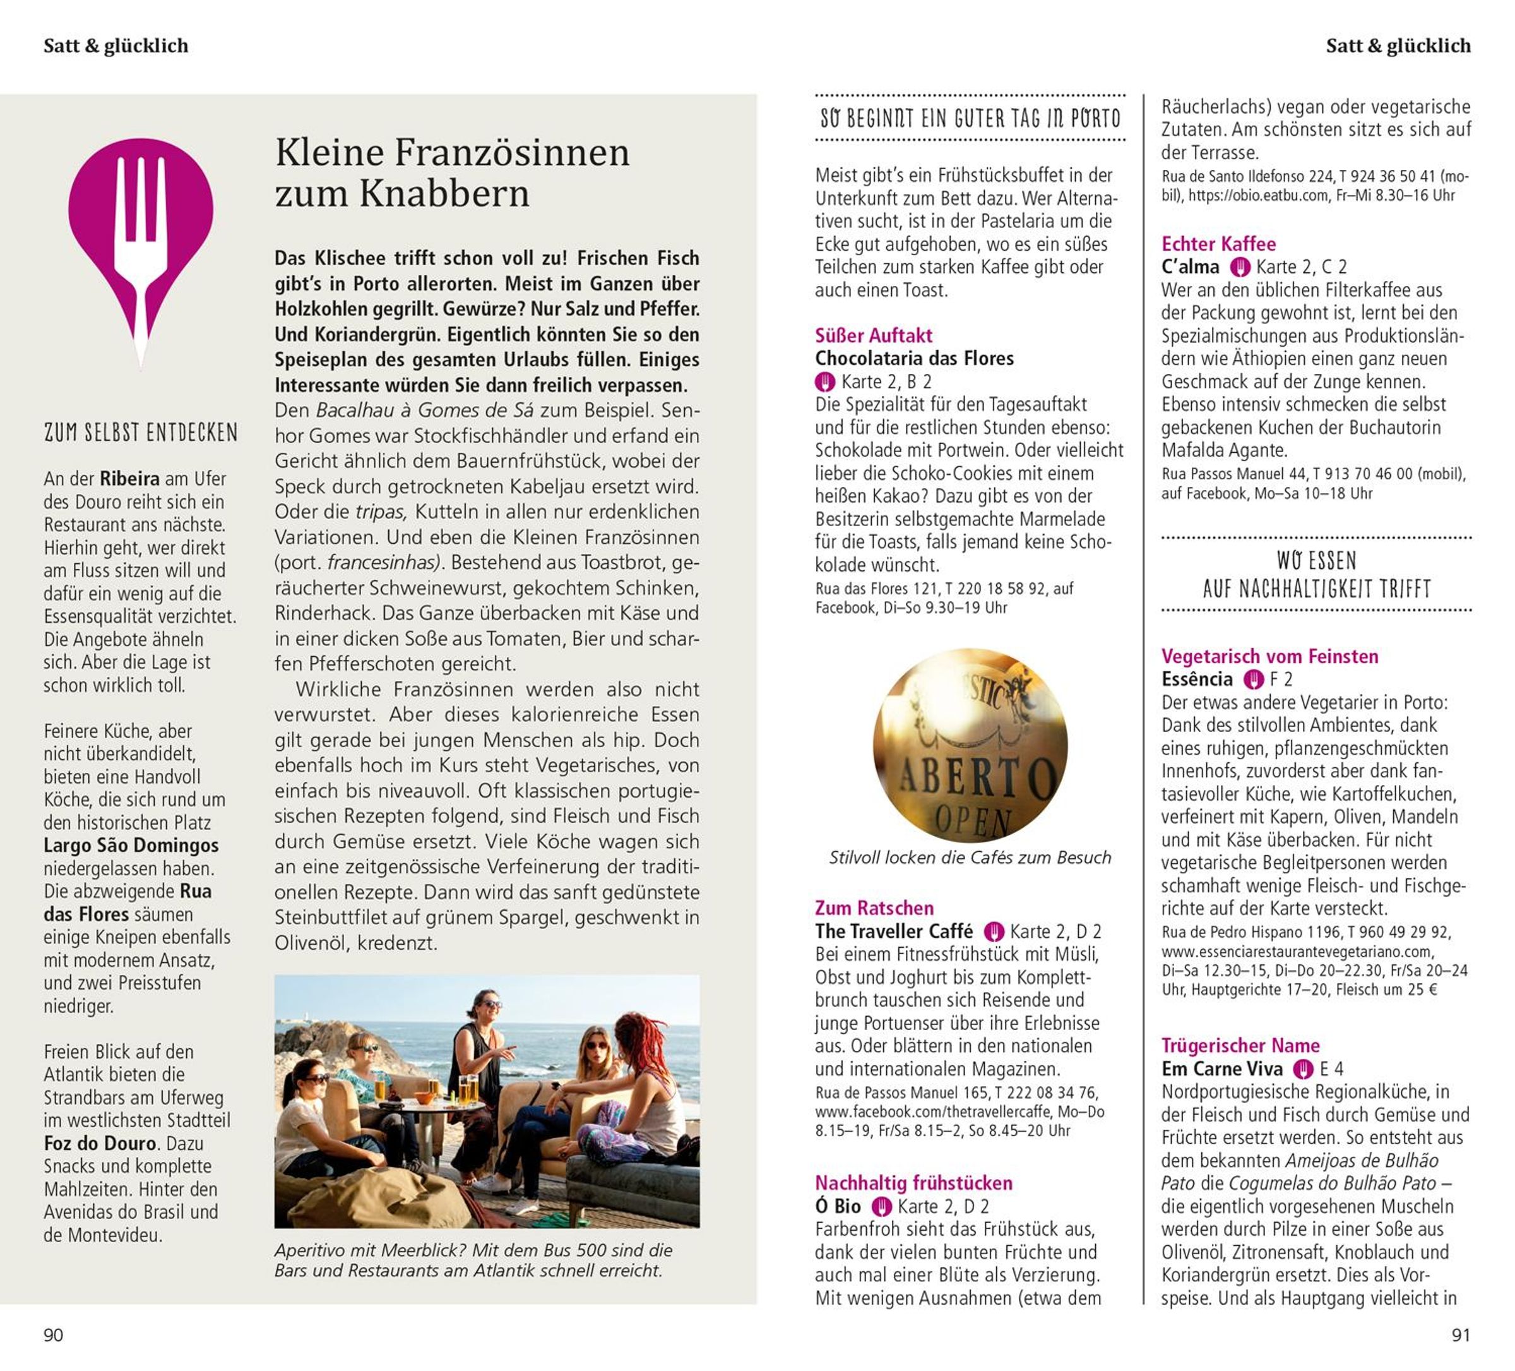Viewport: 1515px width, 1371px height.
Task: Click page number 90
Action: (x=54, y=1335)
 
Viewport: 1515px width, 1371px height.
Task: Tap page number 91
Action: (x=1460, y=1335)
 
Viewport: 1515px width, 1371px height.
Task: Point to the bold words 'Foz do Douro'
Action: (x=100, y=1143)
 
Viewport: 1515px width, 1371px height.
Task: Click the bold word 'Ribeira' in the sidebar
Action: (x=129, y=479)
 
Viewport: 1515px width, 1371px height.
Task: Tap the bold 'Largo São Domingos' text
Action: (x=131, y=846)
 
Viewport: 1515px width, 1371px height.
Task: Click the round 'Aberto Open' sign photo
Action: (x=970, y=746)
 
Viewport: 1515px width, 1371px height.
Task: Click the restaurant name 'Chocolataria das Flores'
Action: (x=914, y=359)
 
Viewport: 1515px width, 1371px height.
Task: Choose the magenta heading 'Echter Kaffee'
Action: (x=1218, y=244)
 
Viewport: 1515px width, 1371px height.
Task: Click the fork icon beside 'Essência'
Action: (x=1253, y=680)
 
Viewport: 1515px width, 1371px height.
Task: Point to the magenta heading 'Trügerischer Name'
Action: (x=1240, y=1046)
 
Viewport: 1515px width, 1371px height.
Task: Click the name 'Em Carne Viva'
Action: (x=1222, y=1069)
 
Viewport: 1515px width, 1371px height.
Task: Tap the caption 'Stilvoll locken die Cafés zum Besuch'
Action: (x=970, y=858)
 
